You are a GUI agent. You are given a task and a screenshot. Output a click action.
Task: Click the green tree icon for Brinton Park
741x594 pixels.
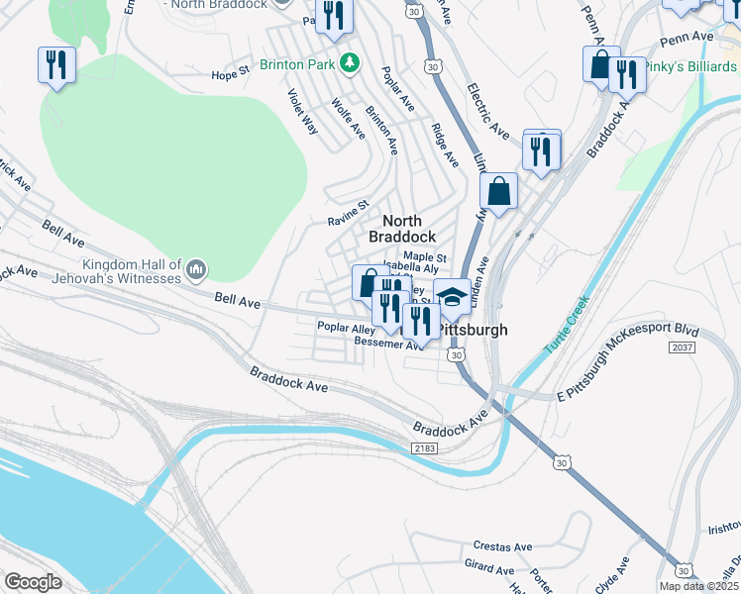click(348, 64)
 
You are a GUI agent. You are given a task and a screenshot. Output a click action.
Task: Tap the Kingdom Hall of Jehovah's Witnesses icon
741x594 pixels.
click(196, 269)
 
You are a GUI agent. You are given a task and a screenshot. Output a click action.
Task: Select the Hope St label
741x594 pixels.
click(231, 75)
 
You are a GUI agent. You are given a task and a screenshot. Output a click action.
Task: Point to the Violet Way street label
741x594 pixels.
click(302, 111)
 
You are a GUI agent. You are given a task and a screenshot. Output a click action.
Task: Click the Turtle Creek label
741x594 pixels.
click(567, 326)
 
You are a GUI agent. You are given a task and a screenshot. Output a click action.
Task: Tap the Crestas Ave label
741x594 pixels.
click(503, 545)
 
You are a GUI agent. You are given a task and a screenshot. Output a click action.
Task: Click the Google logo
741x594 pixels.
click(33, 582)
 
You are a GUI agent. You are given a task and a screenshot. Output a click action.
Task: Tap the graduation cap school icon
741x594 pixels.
click(452, 296)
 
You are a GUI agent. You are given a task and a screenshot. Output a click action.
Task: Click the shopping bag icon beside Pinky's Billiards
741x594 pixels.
click(600, 65)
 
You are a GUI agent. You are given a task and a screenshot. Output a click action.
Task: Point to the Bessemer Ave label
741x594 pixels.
click(388, 344)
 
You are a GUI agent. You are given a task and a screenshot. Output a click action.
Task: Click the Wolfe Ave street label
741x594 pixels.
click(349, 119)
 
